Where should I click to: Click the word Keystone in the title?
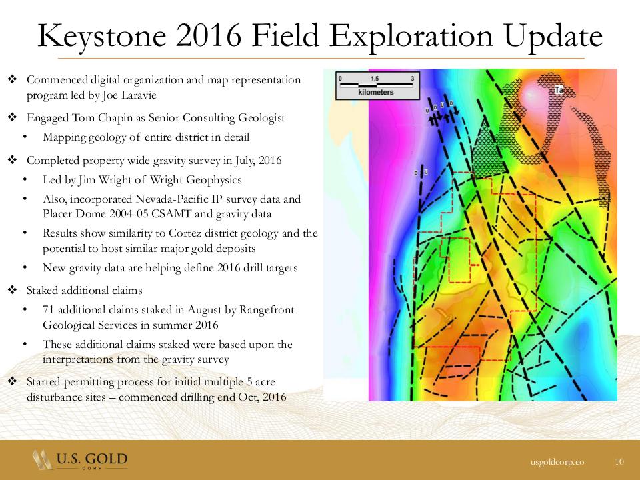click(102, 36)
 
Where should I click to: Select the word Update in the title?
click(553, 36)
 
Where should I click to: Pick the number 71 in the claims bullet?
click(48, 310)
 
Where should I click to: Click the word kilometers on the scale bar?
click(375, 92)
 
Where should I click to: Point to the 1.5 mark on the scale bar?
click(374, 79)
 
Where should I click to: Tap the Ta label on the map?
click(559, 90)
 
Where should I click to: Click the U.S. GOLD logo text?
click(92, 459)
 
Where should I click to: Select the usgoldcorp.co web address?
click(557, 461)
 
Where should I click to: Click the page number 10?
click(619, 461)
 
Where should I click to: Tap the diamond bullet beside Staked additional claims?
click(12, 290)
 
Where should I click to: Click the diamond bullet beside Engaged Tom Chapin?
click(12, 117)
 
